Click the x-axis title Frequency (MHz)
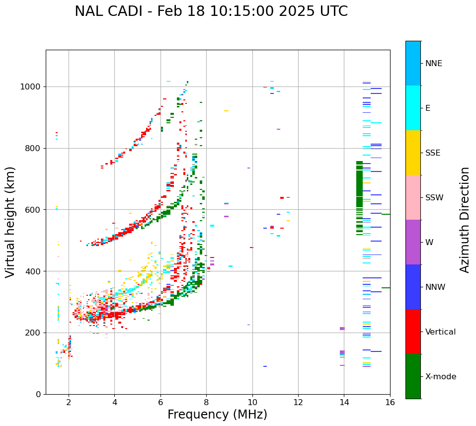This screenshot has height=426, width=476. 217,415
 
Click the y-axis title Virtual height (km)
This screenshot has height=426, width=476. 10,222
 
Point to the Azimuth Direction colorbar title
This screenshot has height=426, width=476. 465,220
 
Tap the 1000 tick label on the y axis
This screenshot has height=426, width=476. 31,87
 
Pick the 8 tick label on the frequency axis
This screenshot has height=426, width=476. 206,402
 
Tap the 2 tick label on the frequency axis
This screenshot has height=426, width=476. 69,402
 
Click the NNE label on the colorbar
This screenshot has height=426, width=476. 434,64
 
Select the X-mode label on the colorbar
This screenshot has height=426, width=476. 441,377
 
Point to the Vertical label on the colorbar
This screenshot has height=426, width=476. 440,332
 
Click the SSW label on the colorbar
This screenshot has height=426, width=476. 434,198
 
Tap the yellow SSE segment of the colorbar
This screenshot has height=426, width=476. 413,153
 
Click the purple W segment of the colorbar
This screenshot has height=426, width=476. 413,242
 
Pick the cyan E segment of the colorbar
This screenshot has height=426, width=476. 413,108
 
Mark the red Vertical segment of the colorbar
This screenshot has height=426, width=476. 413,332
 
